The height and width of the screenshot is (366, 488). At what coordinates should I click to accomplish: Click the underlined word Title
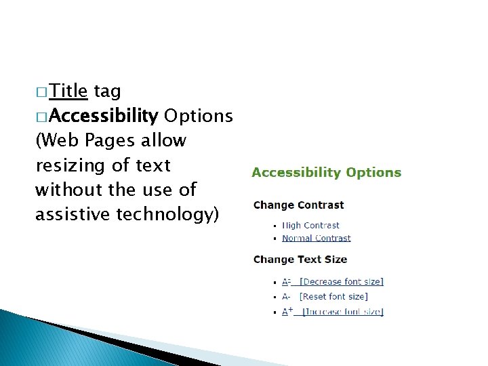pyautogui.click(x=68, y=91)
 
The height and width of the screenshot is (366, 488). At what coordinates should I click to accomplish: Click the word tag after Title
pyautogui.click(x=106, y=91)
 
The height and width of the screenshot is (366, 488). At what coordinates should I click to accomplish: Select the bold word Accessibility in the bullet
pyautogui.click(x=104, y=117)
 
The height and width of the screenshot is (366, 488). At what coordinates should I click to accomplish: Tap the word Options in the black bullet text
pyautogui.click(x=198, y=117)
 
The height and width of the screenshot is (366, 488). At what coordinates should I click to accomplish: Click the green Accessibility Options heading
pyautogui.click(x=326, y=173)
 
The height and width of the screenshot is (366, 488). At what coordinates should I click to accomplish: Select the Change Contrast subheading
pyautogui.click(x=298, y=205)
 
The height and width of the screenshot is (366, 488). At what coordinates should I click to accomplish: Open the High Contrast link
pyautogui.click(x=310, y=225)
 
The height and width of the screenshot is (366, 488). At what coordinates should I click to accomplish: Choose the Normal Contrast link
pyautogui.click(x=316, y=238)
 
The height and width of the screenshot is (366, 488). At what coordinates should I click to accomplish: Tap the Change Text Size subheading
pyautogui.click(x=300, y=260)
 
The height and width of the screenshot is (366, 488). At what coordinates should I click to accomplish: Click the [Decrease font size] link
pyautogui.click(x=341, y=281)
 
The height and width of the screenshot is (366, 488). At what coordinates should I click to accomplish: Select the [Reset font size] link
pyautogui.click(x=333, y=296)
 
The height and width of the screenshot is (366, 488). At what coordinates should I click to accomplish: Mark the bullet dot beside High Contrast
pyautogui.click(x=274, y=226)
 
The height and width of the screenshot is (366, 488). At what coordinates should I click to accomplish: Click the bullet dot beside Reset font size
pyautogui.click(x=274, y=297)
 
